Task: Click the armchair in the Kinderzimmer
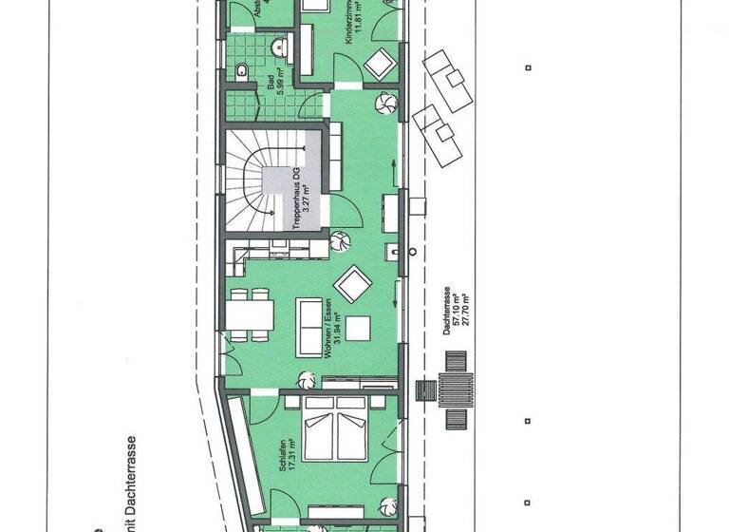pyautogui.click(x=380, y=63)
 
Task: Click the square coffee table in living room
pyautogui.click(x=358, y=328)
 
